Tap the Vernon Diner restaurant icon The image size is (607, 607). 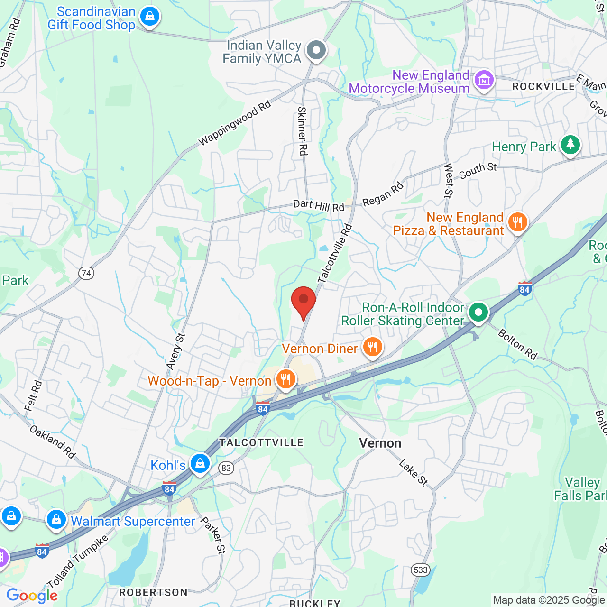coord(373,347)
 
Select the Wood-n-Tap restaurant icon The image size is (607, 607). coord(285,379)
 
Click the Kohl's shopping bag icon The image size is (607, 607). coord(200,463)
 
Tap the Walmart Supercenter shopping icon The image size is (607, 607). coord(56,520)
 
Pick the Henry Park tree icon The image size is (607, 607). coord(570,145)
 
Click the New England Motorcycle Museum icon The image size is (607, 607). coord(484,80)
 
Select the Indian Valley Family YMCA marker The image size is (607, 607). coord(316,50)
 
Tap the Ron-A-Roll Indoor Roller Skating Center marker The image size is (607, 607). coord(478,313)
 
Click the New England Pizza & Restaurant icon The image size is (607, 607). coord(517,222)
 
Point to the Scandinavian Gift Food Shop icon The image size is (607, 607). coord(150,17)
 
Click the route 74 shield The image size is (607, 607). coord(86,273)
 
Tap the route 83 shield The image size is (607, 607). coord(226,468)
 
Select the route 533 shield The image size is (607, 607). coord(421,570)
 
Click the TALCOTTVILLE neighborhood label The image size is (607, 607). coord(261,442)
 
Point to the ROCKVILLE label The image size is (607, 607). coord(543,86)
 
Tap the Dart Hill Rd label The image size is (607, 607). coord(319,205)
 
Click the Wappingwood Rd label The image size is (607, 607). coord(234,123)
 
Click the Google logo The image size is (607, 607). coord(32,596)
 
